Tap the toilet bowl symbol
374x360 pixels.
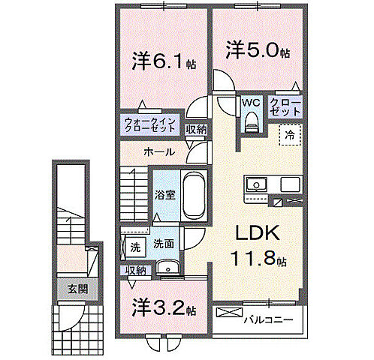tap(252, 121)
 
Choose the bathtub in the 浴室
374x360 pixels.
tap(194, 197)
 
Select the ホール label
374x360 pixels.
tap(159, 152)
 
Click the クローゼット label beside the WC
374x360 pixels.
tap(285, 106)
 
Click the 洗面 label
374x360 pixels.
tap(164, 244)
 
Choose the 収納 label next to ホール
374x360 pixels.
tap(197, 130)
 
